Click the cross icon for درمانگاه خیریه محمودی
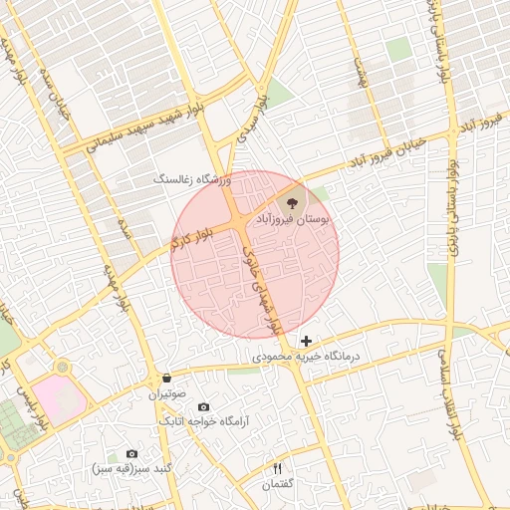[306, 342]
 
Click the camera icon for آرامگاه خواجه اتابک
[203, 406]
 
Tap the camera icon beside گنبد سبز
[131, 454]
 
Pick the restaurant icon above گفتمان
[278, 468]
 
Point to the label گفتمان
[278, 484]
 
